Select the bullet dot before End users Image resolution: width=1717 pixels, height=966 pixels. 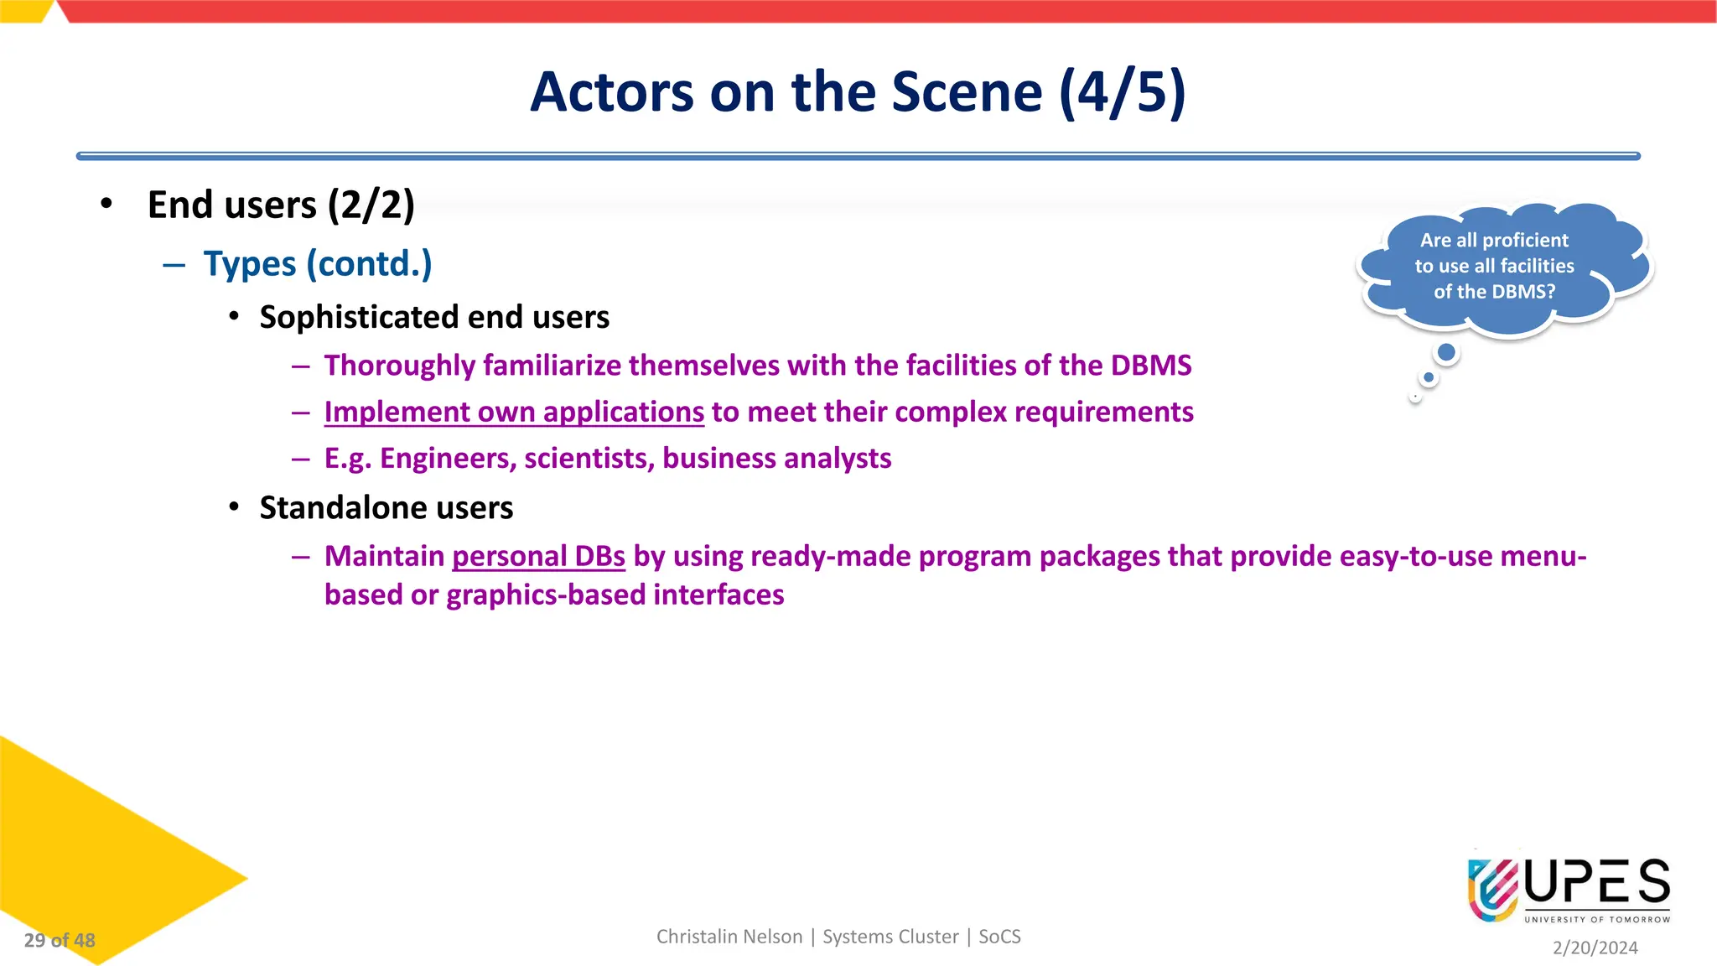(x=106, y=204)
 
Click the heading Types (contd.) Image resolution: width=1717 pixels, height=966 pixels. (x=318, y=264)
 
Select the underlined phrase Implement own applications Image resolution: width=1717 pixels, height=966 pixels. (x=514, y=413)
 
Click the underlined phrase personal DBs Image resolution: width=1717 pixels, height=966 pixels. (x=538, y=557)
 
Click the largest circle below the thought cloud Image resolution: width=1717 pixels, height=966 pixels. (x=1446, y=353)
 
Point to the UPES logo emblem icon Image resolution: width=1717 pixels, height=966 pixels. (x=1492, y=890)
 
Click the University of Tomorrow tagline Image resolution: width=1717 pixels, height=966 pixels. (x=1596, y=920)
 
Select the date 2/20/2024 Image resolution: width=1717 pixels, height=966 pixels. (x=1595, y=948)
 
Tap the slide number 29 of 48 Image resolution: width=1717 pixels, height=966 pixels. (x=60, y=941)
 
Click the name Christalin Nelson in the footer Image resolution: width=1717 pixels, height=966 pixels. (x=729, y=937)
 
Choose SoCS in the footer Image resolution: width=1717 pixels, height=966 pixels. (x=999, y=937)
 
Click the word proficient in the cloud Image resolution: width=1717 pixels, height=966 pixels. (x=1525, y=241)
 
